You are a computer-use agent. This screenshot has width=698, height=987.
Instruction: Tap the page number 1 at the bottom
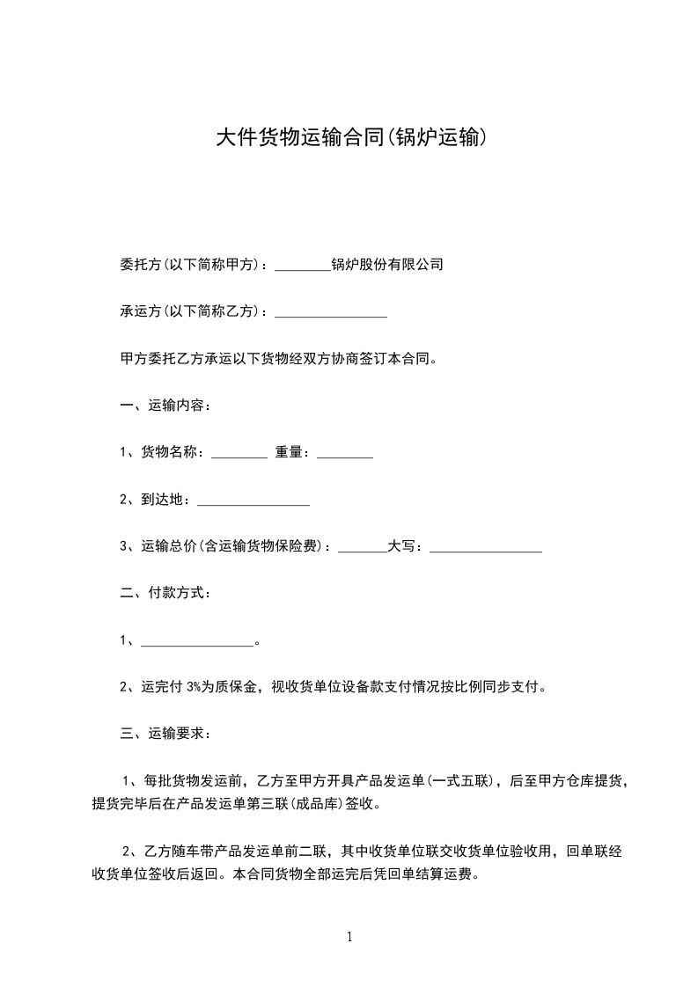point(349,937)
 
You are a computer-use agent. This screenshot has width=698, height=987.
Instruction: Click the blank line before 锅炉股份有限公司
point(302,265)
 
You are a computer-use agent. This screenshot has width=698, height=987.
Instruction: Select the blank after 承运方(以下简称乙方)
point(331,312)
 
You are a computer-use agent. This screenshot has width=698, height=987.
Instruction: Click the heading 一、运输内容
point(165,406)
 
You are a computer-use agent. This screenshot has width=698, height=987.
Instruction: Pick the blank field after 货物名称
point(239,453)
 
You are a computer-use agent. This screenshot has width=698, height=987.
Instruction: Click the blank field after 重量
point(344,453)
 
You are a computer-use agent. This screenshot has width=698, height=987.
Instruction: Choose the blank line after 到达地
point(253,501)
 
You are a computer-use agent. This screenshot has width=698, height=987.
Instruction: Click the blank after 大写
point(485,548)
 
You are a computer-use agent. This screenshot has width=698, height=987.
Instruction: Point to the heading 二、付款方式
point(165,594)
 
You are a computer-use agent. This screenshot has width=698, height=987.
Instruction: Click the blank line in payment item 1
point(196,642)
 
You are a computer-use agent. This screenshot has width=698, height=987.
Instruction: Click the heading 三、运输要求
point(165,735)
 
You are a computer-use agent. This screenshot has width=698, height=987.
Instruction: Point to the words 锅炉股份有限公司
point(387,264)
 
